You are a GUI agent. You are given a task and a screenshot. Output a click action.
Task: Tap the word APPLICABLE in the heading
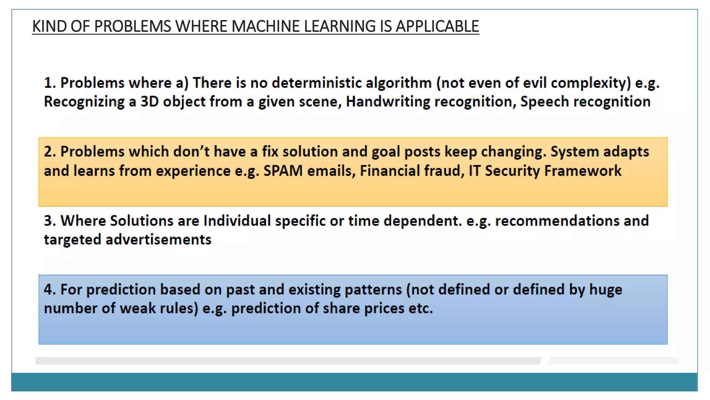(x=437, y=27)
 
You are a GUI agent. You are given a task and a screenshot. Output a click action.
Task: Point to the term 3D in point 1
(x=149, y=102)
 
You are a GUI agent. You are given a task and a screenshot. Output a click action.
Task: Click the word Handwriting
(x=388, y=102)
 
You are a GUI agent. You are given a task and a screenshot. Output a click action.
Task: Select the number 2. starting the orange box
(x=50, y=152)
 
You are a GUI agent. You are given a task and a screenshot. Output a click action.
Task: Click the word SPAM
(x=283, y=171)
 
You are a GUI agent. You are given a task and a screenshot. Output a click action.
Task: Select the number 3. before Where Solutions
(x=50, y=221)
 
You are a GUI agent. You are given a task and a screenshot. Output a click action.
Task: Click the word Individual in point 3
(x=237, y=221)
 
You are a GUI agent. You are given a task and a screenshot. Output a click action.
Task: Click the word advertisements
(x=158, y=240)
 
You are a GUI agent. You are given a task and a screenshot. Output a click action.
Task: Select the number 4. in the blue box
(x=50, y=290)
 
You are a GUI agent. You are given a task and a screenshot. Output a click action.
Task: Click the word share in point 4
(x=341, y=308)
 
